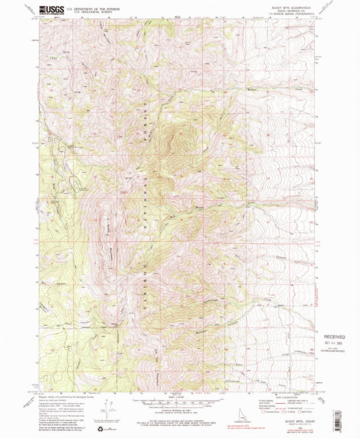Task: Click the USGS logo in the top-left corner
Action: tap(52, 8)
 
